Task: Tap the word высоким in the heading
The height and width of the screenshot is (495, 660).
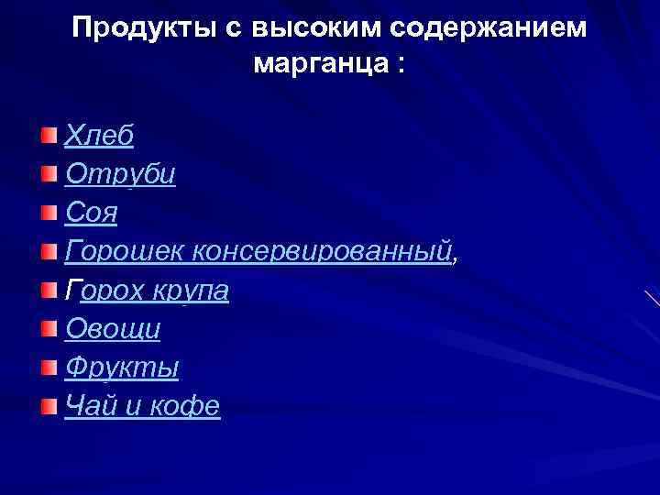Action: (315, 29)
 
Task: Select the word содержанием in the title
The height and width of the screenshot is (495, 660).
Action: (487, 29)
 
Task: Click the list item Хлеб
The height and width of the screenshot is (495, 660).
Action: (99, 136)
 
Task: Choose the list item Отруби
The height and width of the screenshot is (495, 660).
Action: (120, 174)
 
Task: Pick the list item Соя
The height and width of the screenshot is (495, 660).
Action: (92, 213)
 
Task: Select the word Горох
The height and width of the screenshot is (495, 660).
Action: (106, 291)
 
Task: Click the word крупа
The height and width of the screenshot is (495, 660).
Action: (192, 291)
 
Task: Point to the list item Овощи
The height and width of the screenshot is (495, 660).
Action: (113, 328)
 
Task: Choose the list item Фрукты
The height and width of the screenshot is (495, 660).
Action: (122, 368)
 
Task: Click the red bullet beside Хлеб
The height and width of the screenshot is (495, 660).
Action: (48, 137)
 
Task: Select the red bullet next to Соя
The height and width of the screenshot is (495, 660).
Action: (48, 214)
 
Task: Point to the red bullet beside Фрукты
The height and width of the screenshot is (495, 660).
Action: (48, 368)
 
